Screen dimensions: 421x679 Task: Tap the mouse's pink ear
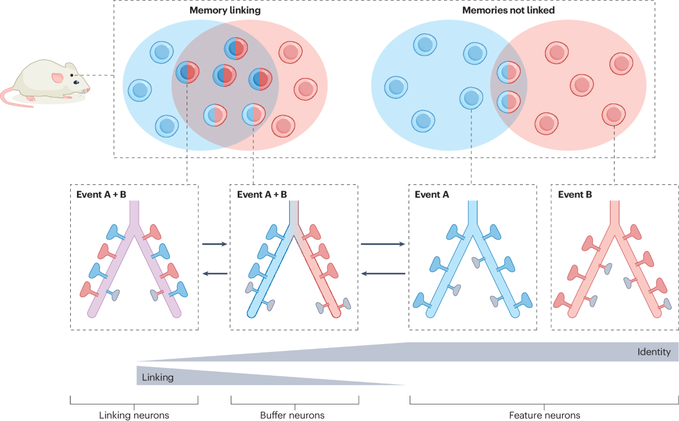click(x=58, y=78)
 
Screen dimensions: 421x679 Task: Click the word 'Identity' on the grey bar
click(x=654, y=352)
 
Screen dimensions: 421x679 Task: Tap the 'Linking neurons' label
click(x=134, y=415)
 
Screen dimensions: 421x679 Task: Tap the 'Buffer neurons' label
click(x=293, y=415)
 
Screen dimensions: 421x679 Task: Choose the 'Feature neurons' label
click(x=544, y=415)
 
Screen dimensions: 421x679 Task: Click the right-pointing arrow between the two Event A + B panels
click(x=214, y=244)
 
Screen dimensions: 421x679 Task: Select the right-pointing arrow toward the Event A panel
click(x=383, y=244)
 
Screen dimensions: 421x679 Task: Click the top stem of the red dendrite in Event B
click(x=615, y=214)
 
